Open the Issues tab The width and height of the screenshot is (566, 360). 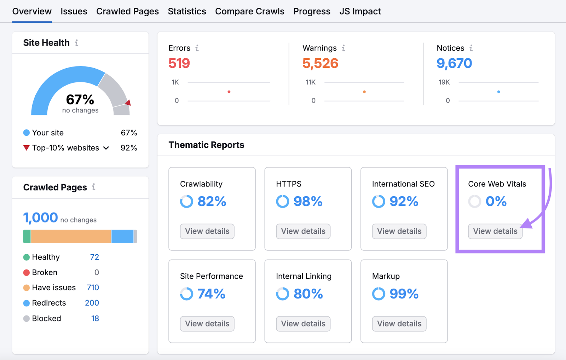pyautogui.click(x=74, y=11)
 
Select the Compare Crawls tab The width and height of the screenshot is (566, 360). pyautogui.click(x=249, y=11)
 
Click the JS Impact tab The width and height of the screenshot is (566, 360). pyautogui.click(x=360, y=11)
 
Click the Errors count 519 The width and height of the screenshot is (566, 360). pyautogui.click(x=179, y=63)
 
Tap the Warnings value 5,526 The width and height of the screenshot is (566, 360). pyautogui.click(x=320, y=63)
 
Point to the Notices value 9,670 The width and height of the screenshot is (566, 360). pyautogui.click(x=454, y=63)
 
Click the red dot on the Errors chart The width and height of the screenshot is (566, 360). pyautogui.click(x=229, y=92)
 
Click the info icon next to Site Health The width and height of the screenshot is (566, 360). pyautogui.click(x=76, y=43)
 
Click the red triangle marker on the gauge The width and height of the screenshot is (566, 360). pyautogui.click(x=128, y=103)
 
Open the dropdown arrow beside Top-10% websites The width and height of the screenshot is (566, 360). pyautogui.click(x=106, y=148)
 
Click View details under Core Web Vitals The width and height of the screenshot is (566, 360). pyautogui.click(x=495, y=231)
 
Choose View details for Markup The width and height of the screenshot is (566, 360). pyautogui.click(x=399, y=324)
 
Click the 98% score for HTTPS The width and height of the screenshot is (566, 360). pyautogui.click(x=308, y=202)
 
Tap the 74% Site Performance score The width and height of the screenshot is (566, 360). pyautogui.click(x=211, y=294)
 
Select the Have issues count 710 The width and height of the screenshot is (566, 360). pyautogui.click(x=93, y=288)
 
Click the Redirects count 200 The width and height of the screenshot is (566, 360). pyautogui.click(x=92, y=303)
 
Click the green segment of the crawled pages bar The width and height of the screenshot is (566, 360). pyautogui.click(x=27, y=236)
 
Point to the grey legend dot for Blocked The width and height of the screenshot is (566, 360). pyautogui.click(x=27, y=318)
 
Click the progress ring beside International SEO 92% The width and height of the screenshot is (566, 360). pyautogui.click(x=379, y=202)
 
